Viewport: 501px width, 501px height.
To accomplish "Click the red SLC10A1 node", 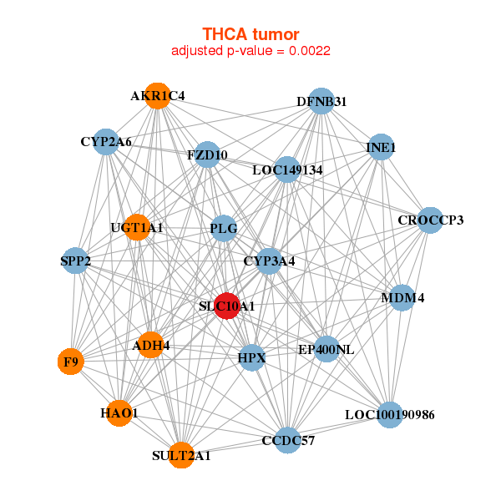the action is (227, 306).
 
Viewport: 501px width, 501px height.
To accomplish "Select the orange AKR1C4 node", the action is (157, 96).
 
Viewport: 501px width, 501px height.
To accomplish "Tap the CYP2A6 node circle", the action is (106, 142).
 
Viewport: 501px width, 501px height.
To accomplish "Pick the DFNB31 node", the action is (321, 102).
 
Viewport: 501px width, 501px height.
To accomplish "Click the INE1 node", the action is (381, 148).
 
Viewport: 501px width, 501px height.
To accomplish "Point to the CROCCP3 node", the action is (430, 220).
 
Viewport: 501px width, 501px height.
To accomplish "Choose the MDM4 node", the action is (402, 297).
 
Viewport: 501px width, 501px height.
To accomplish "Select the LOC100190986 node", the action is (390, 414).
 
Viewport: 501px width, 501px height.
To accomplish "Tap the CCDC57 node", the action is (288, 440).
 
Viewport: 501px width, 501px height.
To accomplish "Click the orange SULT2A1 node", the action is (181, 455).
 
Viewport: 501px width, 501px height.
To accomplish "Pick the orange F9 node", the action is (71, 362).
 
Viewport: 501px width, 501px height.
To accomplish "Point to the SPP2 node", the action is (76, 261).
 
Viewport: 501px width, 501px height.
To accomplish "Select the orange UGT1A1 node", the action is (137, 227).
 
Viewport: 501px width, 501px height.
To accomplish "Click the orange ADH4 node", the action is (150, 344).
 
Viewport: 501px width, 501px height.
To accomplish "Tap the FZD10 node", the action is (207, 154).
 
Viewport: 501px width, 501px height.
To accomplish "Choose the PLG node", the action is (224, 228).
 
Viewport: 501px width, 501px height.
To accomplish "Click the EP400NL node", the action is (326, 349).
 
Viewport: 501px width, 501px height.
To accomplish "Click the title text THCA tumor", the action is (250, 33).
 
